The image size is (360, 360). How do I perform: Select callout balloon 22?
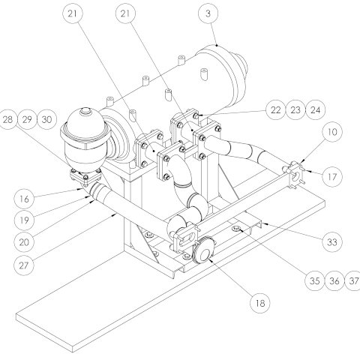click(x=277, y=109)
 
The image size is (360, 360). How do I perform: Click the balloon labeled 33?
click(x=330, y=241)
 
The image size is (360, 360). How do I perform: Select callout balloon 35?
click(x=314, y=280)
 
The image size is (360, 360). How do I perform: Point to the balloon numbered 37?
click(x=353, y=280)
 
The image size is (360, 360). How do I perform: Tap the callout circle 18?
click(x=259, y=303)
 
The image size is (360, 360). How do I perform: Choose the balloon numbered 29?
click(x=28, y=120)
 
